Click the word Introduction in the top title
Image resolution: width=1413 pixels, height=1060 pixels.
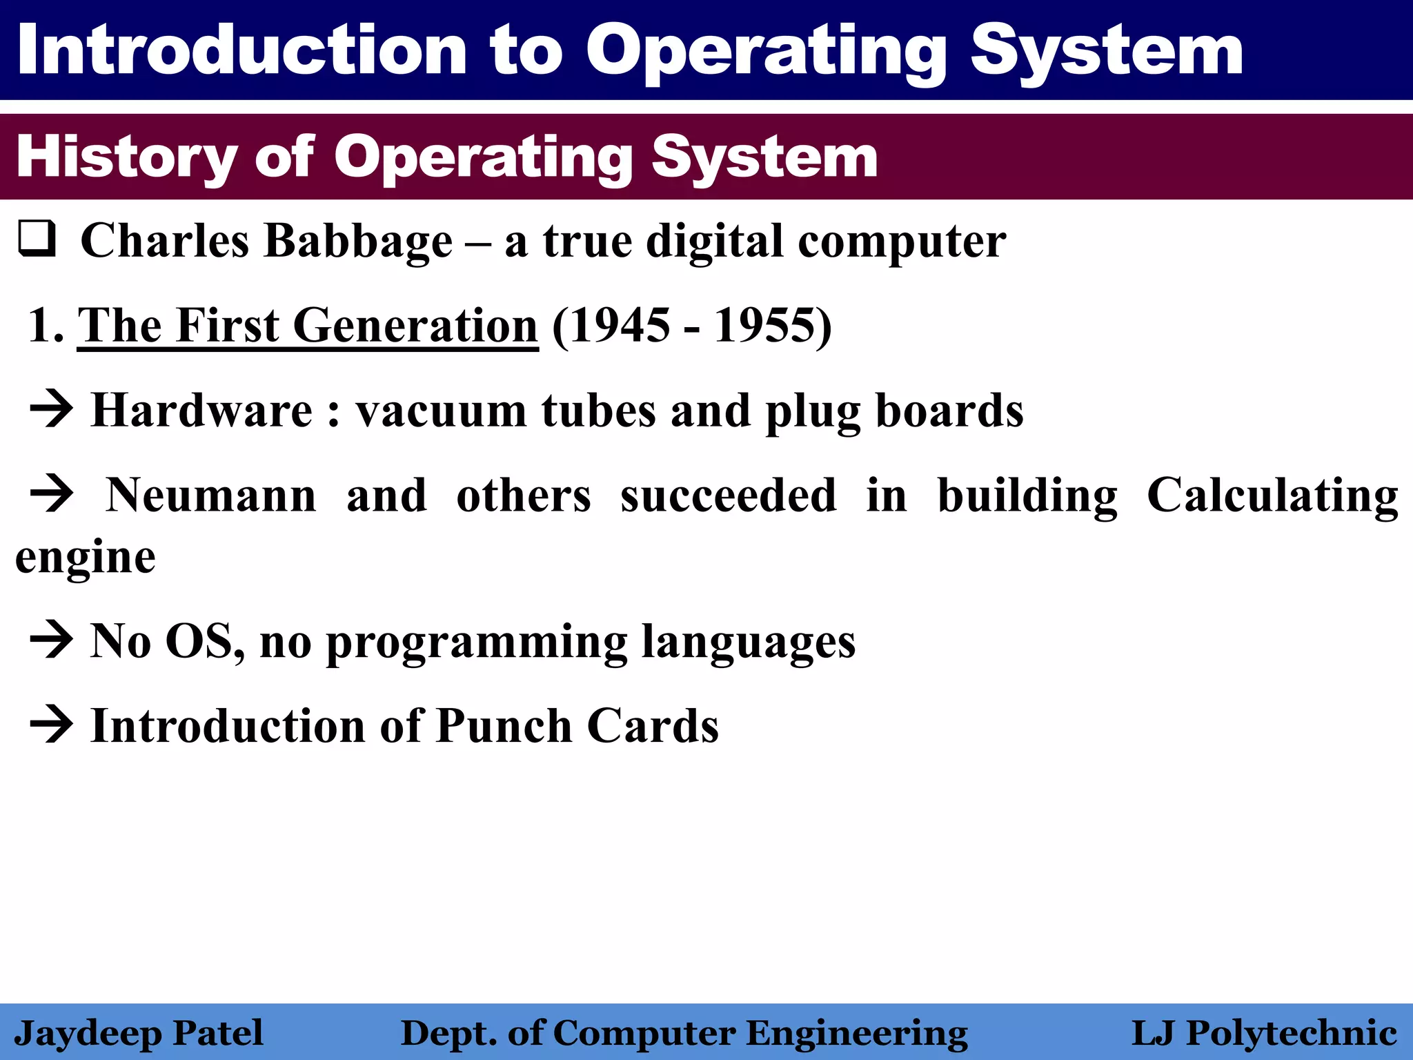click(x=241, y=50)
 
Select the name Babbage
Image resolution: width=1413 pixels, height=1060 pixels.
click(x=358, y=242)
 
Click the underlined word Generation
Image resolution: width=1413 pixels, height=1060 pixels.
click(x=415, y=326)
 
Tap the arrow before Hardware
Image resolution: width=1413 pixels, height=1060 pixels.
click(x=51, y=410)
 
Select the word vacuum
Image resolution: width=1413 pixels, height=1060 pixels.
click(x=441, y=411)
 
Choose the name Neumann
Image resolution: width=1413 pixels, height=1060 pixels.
click(x=210, y=495)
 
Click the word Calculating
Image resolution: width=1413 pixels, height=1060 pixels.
click(x=1272, y=495)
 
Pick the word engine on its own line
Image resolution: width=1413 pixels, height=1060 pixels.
click(x=86, y=558)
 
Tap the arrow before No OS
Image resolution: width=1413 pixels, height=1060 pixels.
click(x=51, y=640)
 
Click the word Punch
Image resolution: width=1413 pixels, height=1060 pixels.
click(x=504, y=726)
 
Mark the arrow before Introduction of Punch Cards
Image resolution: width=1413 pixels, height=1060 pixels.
click(x=51, y=725)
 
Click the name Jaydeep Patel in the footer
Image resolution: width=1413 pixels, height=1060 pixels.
click(x=139, y=1033)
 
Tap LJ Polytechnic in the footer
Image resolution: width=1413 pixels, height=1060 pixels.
click(x=1264, y=1033)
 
